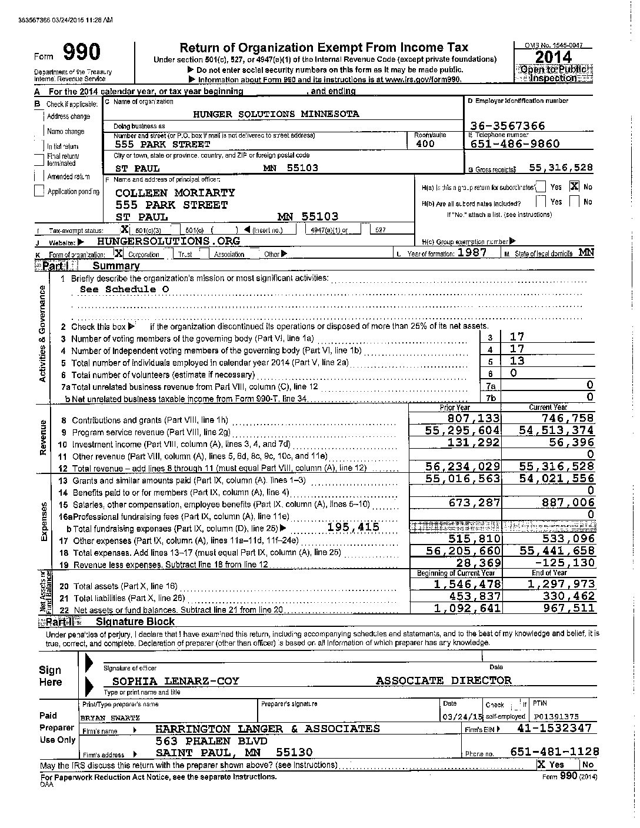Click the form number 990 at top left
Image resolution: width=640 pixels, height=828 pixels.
81,53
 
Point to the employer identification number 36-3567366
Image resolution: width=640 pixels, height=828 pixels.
508,125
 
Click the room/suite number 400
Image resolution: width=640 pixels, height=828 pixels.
425,143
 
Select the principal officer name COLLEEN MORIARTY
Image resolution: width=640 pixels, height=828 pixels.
175,192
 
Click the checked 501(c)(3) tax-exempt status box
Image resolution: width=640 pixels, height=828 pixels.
124,229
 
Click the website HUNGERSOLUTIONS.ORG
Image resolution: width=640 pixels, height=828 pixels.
168,241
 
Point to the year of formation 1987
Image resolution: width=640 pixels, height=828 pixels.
474,252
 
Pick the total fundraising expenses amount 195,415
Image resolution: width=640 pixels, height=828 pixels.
353,527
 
